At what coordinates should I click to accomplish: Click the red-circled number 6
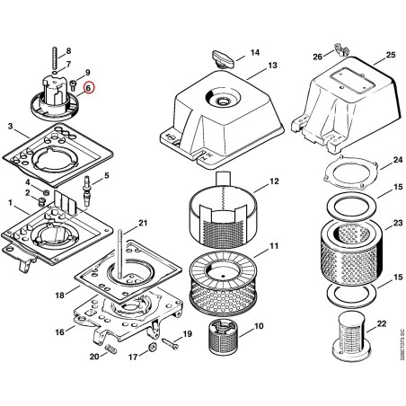[x=88, y=88]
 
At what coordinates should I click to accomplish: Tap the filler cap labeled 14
[x=223, y=58]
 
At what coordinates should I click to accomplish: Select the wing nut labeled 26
[x=341, y=50]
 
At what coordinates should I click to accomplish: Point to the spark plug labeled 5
[x=87, y=191]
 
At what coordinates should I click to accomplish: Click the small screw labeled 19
[x=170, y=343]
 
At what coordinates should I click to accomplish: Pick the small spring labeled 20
[x=111, y=349]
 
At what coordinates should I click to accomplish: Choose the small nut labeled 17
[x=152, y=348]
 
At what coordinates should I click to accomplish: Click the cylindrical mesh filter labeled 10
[x=221, y=335]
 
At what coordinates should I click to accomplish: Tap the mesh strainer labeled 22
[x=352, y=337]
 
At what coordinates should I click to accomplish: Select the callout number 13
[x=272, y=65]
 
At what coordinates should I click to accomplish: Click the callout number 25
[x=391, y=55]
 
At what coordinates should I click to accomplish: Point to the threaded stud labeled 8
[x=55, y=57]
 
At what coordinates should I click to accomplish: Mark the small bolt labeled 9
[x=73, y=84]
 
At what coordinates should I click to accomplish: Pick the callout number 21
[x=143, y=223]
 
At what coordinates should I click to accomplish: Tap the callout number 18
[x=60, y=296]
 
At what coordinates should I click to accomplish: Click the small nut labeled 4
[x=46, y=191]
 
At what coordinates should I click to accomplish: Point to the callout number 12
[x=274, y=181]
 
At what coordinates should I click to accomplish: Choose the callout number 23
[x=398, y=223]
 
